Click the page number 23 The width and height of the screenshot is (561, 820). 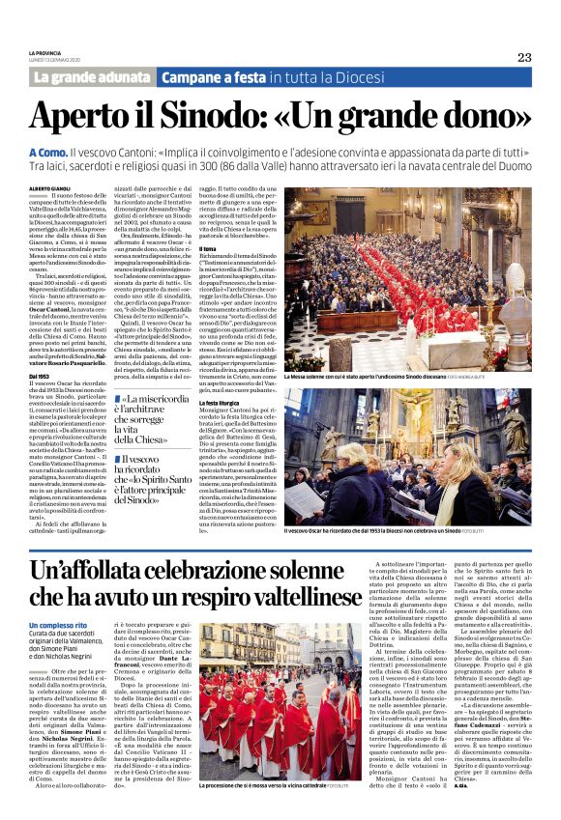pyautogui.click(x=523, y=56)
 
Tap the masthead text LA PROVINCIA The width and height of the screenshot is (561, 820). pyautogui.click(x=44, y=52)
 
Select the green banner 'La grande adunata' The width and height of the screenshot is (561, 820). pyautogui.click(x=92, y=76)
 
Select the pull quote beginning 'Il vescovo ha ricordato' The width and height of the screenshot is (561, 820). pyautogui.click(x=153, y=479)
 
